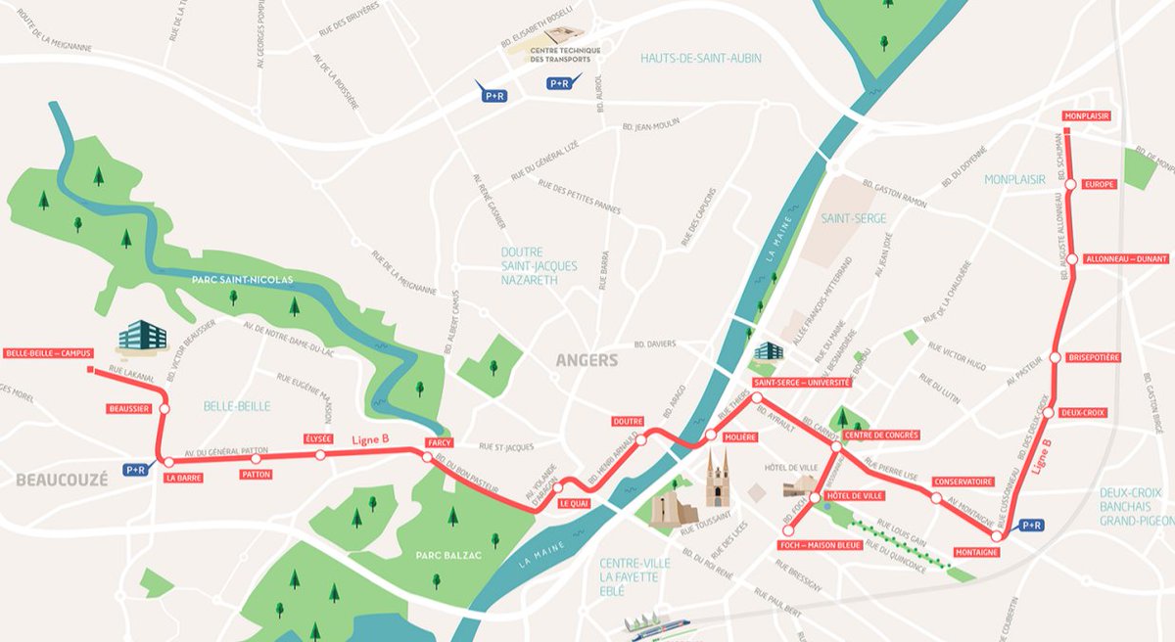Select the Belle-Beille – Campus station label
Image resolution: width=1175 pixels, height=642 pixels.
click(x=48, y=353)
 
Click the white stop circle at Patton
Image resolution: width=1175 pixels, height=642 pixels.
click(x=256, y=458)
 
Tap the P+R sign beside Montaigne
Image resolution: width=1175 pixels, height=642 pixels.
click(x=1032, y=526)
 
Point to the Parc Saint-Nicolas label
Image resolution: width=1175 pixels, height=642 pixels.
click(x=242, y=280)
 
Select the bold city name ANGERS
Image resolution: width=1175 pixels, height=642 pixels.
click(x=587, y=360)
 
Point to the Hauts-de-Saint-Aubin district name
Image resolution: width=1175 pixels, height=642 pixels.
click(x=700, y=58)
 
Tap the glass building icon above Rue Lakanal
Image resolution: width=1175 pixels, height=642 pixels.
click(x=142, y=336)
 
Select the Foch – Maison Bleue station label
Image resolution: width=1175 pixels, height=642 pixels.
click(x=821, y=544)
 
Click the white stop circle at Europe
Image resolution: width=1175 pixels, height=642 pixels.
click(x=1070, y=184)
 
